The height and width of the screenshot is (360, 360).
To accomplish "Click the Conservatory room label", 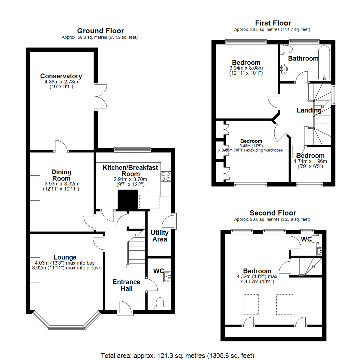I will coord(61,76).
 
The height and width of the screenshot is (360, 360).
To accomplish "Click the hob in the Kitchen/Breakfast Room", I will coord(166,177).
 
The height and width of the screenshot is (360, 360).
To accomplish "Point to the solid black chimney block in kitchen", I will coord(128,200).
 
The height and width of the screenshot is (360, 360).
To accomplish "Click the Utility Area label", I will coord(159,236).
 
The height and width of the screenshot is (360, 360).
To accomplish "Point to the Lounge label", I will coord(65,257).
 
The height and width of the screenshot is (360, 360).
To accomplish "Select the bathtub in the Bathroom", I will coord(324,63).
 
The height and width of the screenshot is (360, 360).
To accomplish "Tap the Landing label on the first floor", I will coord(309,110).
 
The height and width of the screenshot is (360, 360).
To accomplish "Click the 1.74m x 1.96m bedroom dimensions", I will coord(310,161).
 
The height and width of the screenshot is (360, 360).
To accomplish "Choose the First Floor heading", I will coord(273,23).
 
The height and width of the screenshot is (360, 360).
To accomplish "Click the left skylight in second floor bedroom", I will coord(251,304).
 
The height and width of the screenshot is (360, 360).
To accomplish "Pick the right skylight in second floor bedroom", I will coord(285,304).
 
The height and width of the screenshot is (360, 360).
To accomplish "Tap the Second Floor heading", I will coord(273,213).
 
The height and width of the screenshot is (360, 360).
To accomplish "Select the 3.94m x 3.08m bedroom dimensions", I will coord(246,68).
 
